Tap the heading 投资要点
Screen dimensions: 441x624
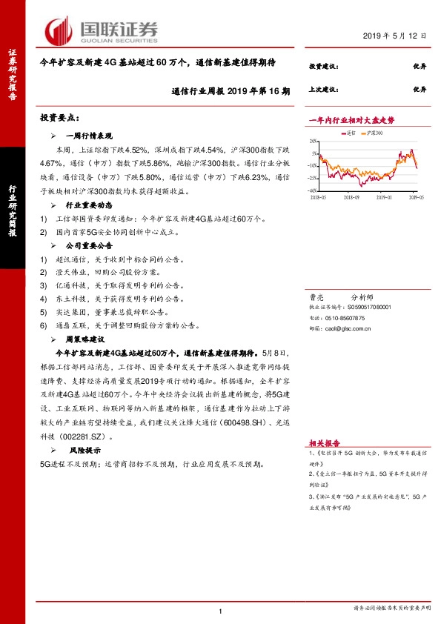59,119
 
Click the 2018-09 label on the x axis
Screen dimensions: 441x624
352,198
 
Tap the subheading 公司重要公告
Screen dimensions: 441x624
89,245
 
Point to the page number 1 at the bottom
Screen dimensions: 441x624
221,611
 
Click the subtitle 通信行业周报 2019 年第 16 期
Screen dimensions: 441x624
231,90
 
